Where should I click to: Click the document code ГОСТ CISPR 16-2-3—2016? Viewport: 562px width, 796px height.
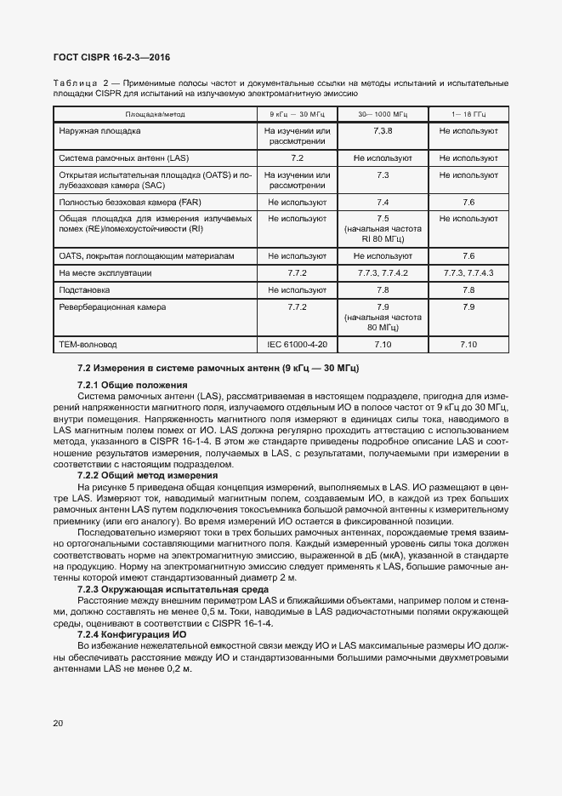click(111, 57)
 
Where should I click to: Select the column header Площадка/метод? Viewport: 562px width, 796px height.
click(155, 113)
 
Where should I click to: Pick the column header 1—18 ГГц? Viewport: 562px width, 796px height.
click(468, 113)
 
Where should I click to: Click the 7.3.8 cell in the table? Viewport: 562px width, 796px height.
click(382, 131)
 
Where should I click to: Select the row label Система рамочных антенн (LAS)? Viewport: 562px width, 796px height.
click(124, 158)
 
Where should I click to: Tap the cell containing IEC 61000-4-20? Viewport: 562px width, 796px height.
click(297, 344)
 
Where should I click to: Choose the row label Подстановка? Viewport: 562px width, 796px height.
click(84, 289)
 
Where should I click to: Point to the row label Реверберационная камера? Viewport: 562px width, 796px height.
click(112, 306)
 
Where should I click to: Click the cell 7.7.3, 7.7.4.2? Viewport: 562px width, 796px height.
click(382, 272)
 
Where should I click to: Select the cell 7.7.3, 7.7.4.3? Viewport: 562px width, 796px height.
click(468, 272)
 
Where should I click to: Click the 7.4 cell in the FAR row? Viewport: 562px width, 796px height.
click(382, 203)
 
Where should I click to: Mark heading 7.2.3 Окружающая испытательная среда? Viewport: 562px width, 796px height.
click(161, 589)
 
